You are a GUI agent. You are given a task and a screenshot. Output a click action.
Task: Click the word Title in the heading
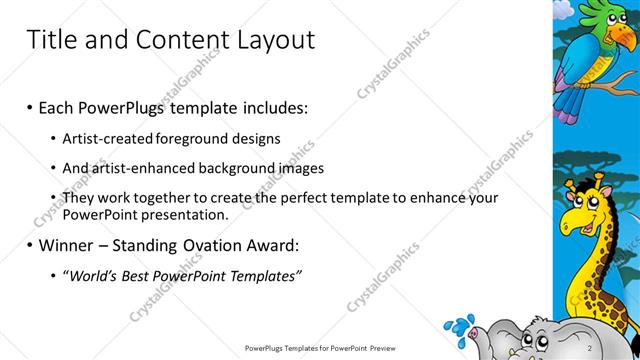pos(50,41)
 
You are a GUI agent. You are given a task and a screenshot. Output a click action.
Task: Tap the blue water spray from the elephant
pos(461,326)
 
